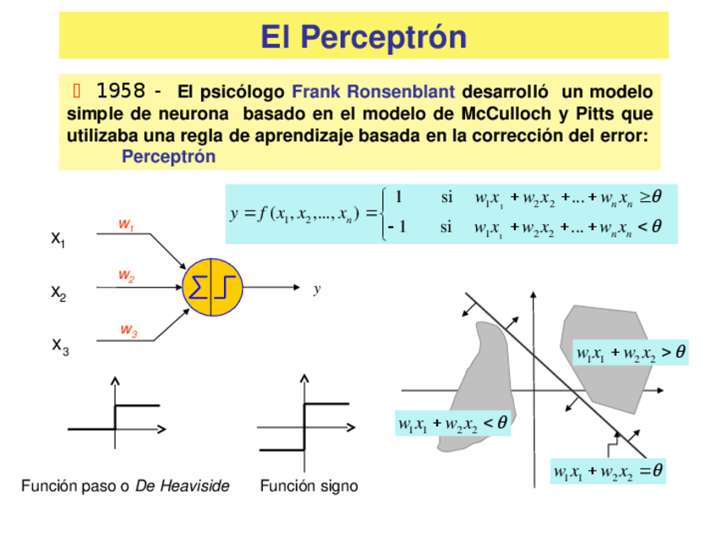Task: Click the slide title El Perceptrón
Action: pos(363,36)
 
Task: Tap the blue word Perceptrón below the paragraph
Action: pos(168,156)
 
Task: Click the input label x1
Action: pos(58,239)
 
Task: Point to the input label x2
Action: pos(58,293)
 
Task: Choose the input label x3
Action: pos(60,345)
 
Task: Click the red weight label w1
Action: pos(126,225)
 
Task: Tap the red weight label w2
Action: pos(126,276)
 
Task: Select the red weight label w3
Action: pos(129,330)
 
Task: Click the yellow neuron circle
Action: pos(211,287)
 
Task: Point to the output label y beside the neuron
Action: pos(316,289)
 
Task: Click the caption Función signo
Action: pos(309,486)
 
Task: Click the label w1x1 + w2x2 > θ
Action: pos(630,352)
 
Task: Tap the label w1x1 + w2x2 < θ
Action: pos(453,422)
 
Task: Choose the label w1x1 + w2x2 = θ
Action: pos(607,471)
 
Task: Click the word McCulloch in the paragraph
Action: pos(503,113)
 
